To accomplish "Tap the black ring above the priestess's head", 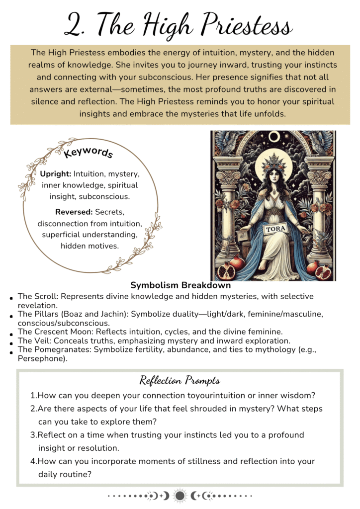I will [x=273, y=137].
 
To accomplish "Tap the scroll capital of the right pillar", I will [x=319, y=177].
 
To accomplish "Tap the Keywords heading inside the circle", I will [x=89, y=152].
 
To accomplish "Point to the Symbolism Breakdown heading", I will [x=180, y=286].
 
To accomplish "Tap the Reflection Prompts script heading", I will [x=180, y=381].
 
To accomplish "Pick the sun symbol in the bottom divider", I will [x=180, y=496].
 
